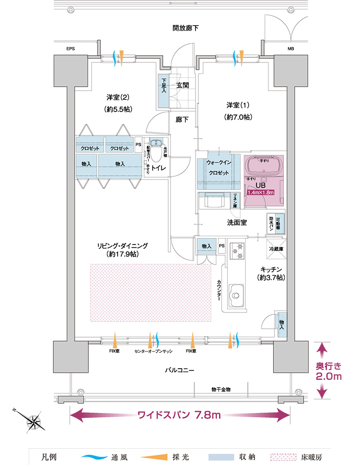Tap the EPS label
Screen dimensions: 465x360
[71, 49]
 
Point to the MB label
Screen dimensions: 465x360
[291, 49]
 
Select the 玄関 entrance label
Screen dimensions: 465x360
[183, 86]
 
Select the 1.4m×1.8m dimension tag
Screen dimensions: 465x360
[261, 192]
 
